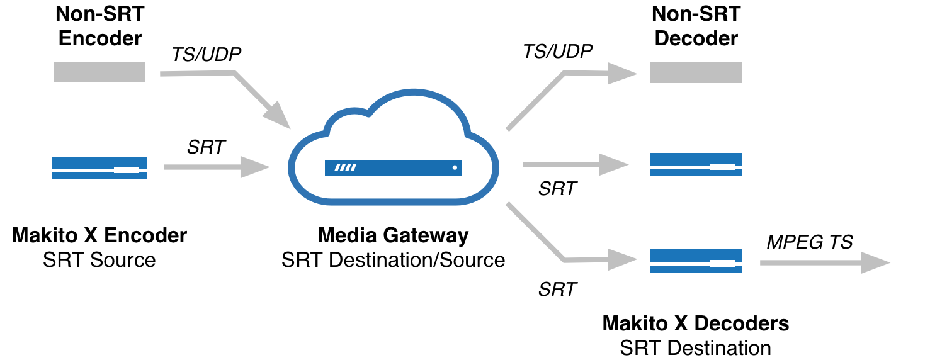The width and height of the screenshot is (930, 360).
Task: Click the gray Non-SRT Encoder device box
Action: click(99, 72)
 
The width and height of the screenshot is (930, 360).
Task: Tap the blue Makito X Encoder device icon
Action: click(99, 167)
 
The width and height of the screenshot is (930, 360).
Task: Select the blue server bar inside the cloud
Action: click(394, 167)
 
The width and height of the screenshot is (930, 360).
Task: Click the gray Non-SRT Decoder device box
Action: click(696, 73)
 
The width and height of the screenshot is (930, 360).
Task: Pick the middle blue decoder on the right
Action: click(696, 165)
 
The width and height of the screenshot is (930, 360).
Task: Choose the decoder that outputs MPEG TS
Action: click(696, 261)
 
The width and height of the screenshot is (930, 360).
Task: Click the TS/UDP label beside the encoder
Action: click(207, 55)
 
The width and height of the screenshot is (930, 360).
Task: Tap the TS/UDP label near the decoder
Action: click(558, 51)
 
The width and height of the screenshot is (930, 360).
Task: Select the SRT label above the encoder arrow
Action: click(207, 147)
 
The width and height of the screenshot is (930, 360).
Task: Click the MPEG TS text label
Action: click(810, 242)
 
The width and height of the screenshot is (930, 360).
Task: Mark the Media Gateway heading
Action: click(394, 236)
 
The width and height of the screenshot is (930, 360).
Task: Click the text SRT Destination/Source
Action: click(394, 259)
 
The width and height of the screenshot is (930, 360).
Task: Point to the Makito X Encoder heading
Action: click(99, 236)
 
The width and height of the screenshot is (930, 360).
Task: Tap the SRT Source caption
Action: click(99, 259)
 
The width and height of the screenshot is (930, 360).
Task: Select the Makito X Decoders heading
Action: click(696, 324)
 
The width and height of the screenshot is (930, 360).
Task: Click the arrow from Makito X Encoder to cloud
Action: click(214, 167)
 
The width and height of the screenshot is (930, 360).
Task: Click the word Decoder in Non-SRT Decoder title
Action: click(696, 38)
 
